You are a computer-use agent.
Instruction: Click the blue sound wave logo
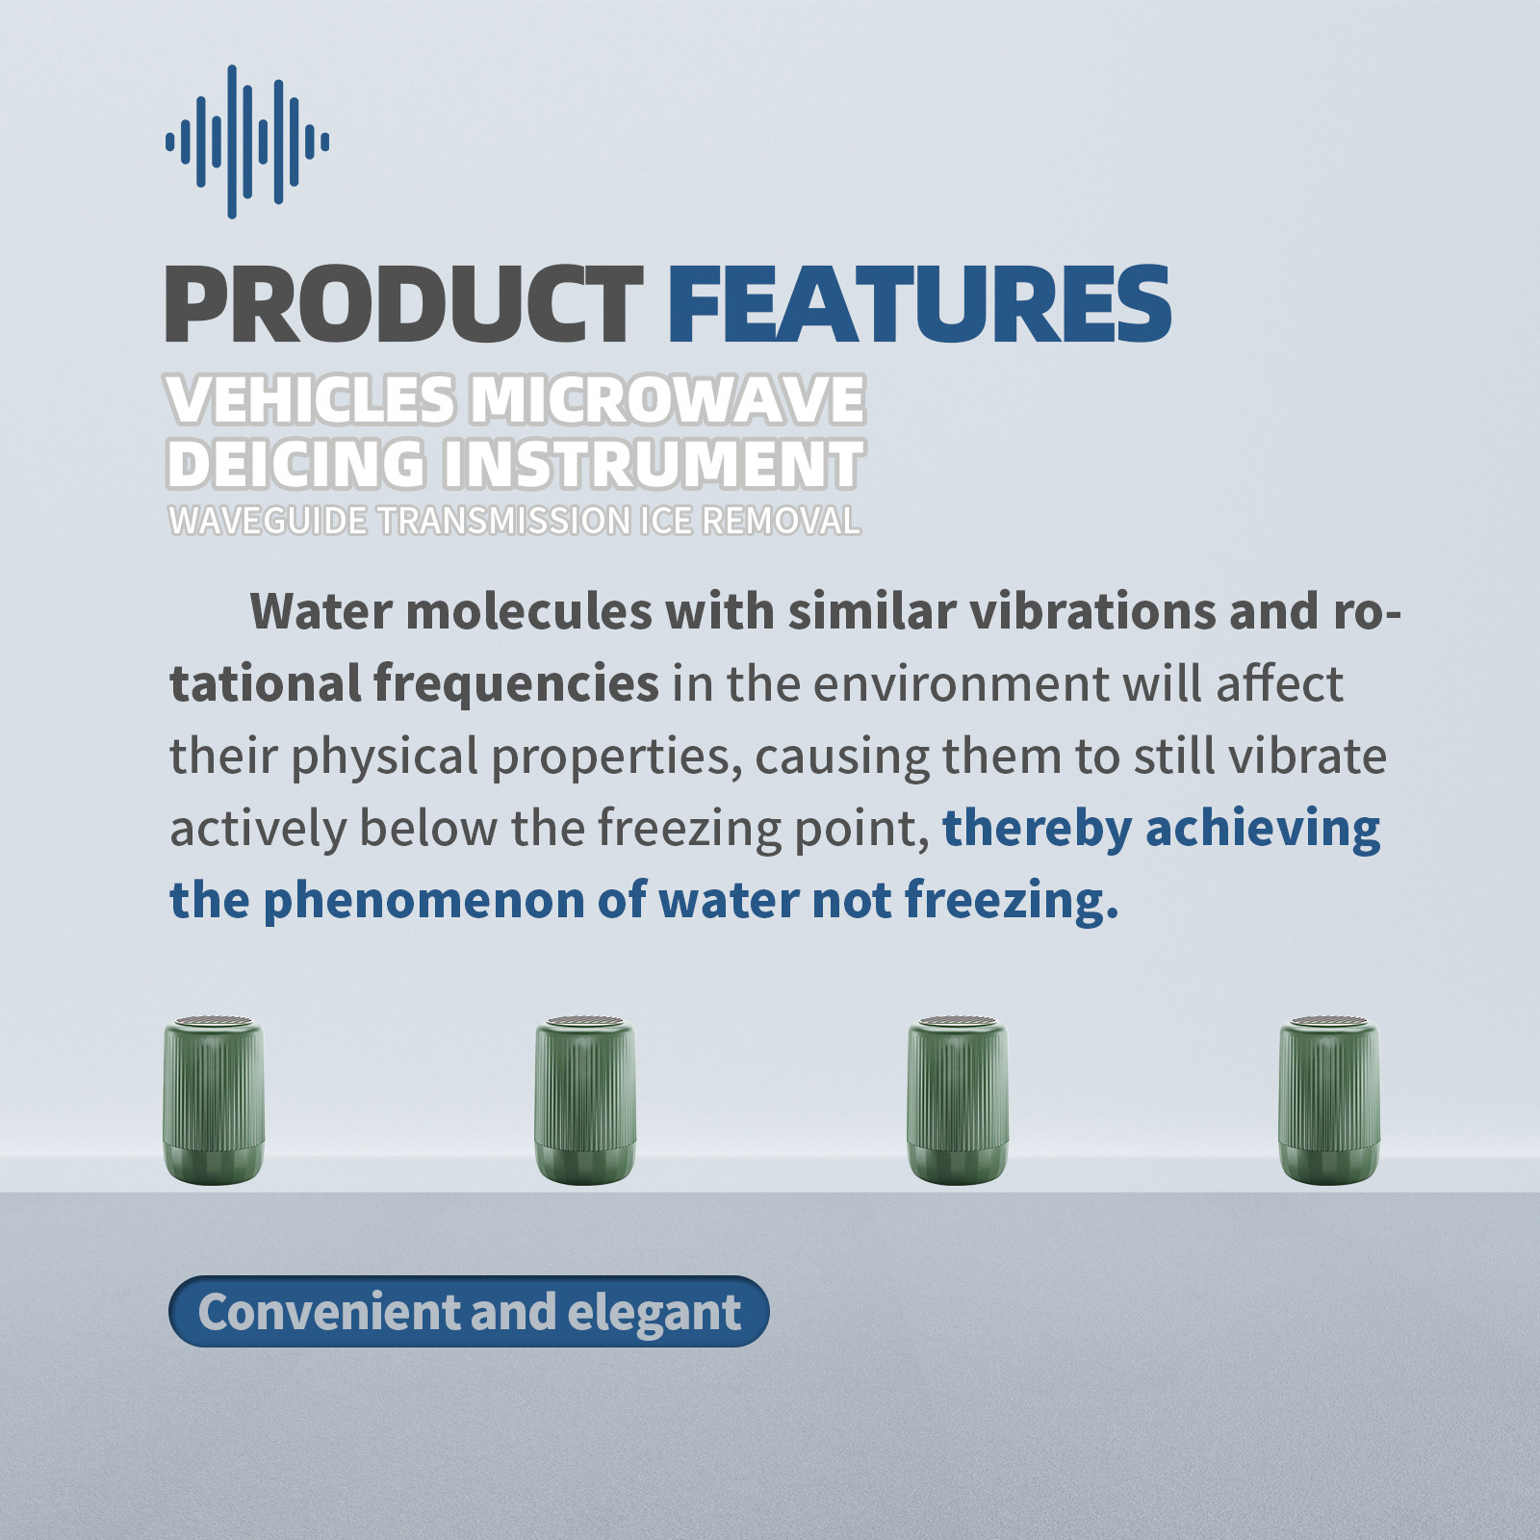247,141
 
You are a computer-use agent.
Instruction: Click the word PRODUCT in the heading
404,304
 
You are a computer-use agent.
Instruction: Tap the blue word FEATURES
919,304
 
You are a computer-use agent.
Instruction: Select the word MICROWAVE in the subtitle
667,399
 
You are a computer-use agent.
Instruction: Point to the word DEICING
296,464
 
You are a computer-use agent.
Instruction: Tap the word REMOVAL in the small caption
781,521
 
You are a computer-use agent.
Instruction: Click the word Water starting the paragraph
321,611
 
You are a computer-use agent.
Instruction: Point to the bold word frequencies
516,685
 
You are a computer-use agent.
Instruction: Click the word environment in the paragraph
961,683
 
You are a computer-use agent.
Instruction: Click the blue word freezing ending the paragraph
1012,902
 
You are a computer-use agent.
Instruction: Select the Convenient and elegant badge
469,1311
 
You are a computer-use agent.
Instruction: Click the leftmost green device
214,1100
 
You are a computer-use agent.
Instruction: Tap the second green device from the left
585,1100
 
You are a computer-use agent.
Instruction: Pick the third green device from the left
958,1100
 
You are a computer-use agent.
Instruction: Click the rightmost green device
1329,1100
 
